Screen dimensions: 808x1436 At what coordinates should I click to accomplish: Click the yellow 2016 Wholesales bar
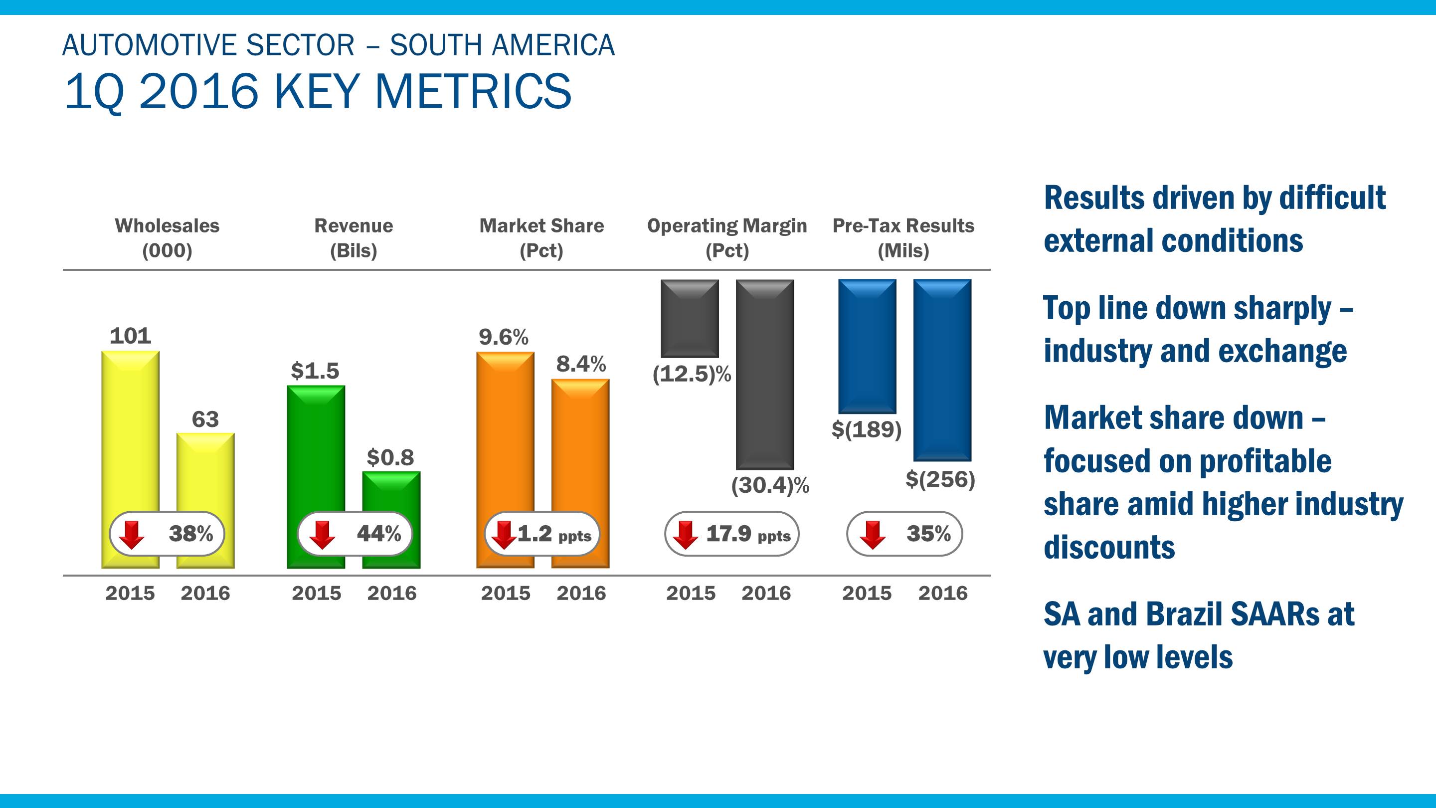[205, 474]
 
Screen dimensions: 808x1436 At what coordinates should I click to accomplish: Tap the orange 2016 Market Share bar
[580, 446]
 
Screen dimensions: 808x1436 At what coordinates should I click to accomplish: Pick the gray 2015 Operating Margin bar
[690, 318]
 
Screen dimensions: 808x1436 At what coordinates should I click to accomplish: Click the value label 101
[131, 336]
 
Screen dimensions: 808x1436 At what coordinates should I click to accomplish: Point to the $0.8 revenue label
[390, 458]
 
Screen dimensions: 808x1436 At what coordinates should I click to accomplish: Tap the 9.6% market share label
[504, 337]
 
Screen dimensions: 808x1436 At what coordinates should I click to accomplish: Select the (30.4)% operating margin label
[770, 485]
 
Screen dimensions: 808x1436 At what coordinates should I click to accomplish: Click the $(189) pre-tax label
[866, 429]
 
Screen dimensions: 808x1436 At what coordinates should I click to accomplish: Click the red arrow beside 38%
[132, 534]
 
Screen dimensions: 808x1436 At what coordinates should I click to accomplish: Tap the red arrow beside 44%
[322, 534]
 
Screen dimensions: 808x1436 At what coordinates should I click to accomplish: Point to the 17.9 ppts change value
[747, 534]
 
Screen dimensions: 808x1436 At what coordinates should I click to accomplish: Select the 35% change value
[928, 534]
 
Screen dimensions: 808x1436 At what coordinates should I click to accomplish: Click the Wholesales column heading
[167, 226]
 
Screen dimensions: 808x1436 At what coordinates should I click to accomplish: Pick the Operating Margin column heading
[727, 226]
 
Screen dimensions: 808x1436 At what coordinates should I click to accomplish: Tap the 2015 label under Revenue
[316, 593]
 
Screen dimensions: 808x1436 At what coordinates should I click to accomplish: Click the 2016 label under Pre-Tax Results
[943, 593]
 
